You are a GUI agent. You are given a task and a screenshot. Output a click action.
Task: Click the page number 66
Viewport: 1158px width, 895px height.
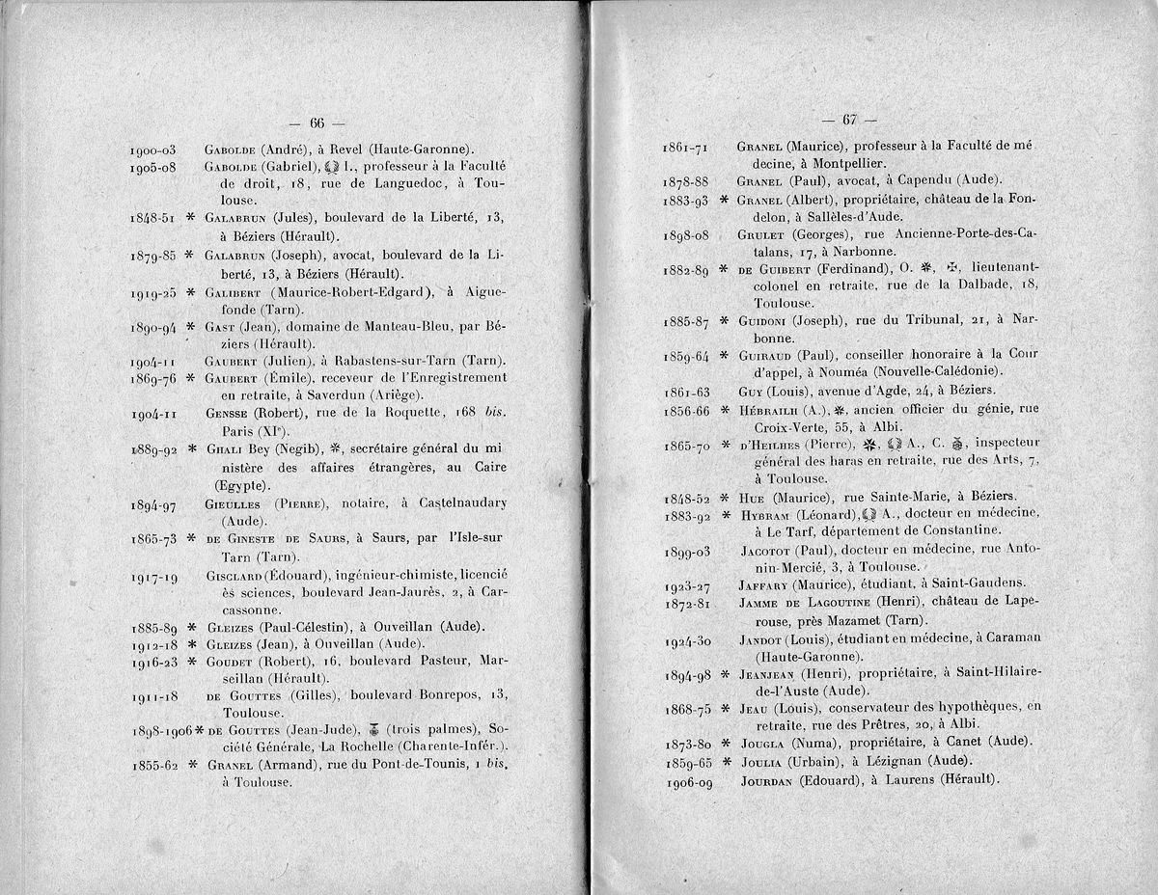pyautogui.click(x=317, y=122)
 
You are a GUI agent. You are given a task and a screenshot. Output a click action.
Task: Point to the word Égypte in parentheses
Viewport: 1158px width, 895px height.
pyautogui.click(x=242, y=485)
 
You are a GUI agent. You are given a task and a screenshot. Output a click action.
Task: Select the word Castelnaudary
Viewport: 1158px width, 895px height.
pyautogui.click(x=458, y=502)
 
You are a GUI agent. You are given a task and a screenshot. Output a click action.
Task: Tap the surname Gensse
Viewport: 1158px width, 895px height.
pyautogui.click(x=228, y=413)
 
